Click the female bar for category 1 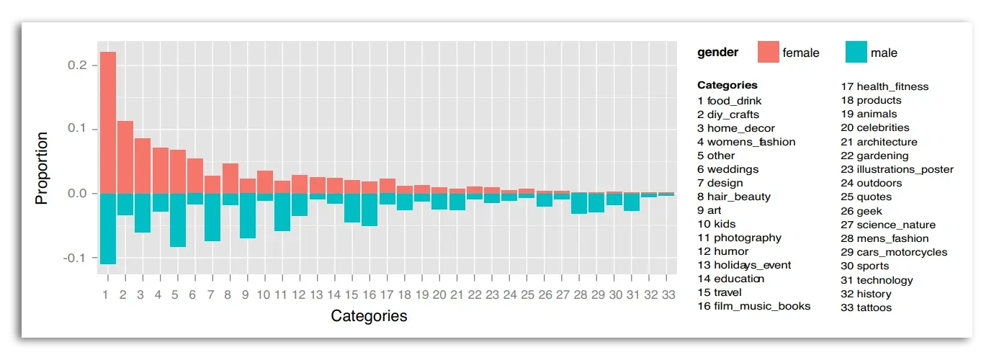point(107,122)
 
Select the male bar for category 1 point(107,228)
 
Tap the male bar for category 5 point(178,220)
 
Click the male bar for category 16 point(370,210)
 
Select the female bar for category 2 point(125,157)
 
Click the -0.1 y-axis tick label point(76,258)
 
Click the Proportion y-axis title point(42,168)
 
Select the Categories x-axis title point(369,316)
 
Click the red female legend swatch point(768,53)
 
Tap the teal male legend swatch point(856,53)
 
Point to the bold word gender point(717,53)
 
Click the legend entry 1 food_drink point(729,101)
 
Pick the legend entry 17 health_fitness point(885,87)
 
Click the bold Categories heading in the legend point(727,85)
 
